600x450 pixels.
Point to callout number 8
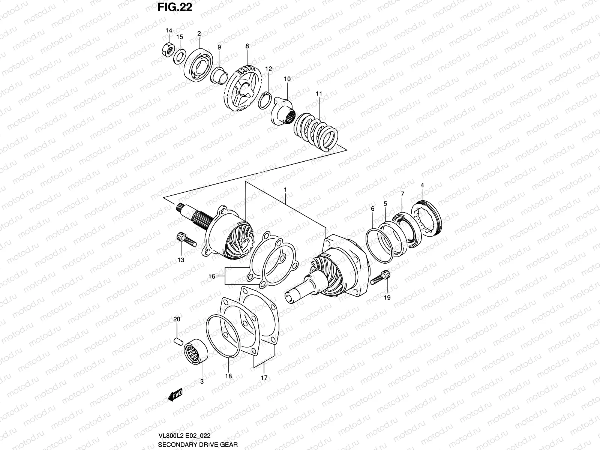247,46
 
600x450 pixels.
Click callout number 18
228,376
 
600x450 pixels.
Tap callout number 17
264,378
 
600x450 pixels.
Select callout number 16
212,276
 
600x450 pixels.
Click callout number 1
285,190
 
